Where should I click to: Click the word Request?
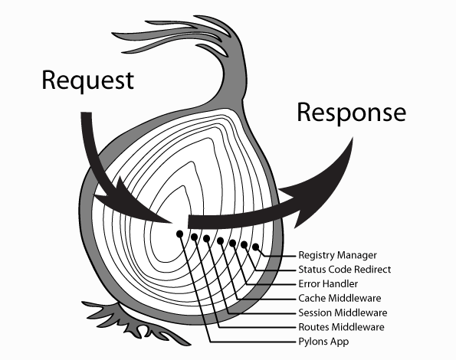(x=88, y=81)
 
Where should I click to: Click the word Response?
(x=351, y=113)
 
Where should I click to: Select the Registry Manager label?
(x=338, y=255)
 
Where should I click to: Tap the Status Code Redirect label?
(x=345, y=270)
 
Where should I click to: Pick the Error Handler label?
(x=328, y=283)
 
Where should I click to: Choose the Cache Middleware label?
(x=340, y=298)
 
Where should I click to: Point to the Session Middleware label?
(x=343, y=313)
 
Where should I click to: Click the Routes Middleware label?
(x=341, y=327)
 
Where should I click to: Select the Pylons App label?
(x=323, y=342)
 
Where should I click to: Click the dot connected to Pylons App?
(x=180, y=234)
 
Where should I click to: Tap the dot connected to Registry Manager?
(x=256, y=247)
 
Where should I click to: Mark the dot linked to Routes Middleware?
(x=195, y=237)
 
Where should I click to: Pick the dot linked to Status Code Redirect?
(x=244, y=244)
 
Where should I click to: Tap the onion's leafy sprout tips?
(x=175, y=35)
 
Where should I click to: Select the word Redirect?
(x=372, y=270)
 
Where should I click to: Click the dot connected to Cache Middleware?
(x=221, y=241)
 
